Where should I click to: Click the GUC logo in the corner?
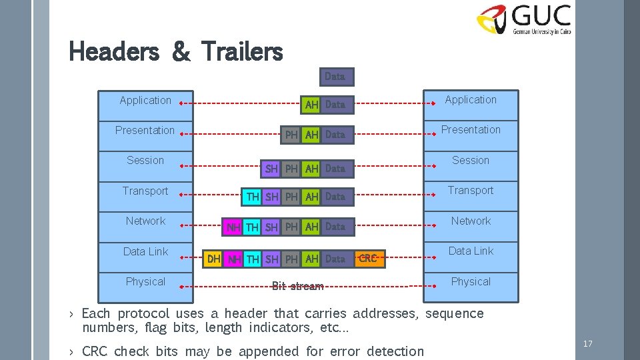524,19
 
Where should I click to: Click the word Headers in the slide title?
113,51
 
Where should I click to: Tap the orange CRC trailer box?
368,259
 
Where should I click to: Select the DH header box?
214,259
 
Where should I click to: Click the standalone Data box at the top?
335,77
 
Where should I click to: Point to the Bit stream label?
297,286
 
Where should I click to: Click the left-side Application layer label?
145,101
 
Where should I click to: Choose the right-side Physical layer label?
471,282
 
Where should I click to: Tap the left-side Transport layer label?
145,191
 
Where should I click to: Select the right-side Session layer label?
471,161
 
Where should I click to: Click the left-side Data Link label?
145,252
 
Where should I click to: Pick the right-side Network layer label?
471,221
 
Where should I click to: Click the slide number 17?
587,344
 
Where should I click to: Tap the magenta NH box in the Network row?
233,227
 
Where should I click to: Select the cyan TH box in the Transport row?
253,197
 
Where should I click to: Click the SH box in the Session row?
271,169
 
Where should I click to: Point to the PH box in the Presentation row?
291,135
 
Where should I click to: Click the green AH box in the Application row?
311,105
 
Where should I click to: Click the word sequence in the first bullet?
455,314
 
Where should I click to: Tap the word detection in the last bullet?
394,351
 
